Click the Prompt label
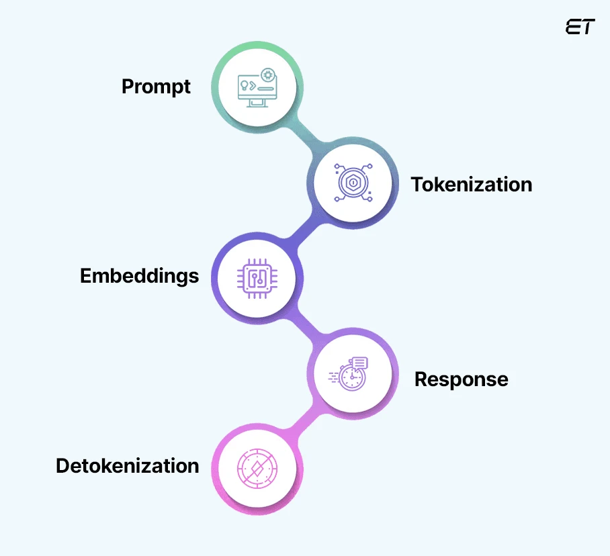(156, 87)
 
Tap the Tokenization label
(472, 185)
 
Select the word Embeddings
(139, 276)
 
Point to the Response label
(461, 379)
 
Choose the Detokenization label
(127, 466)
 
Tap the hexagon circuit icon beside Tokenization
(352, 182)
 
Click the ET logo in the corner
(580, 27)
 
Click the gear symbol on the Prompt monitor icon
(267, 75)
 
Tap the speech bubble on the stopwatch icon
(359, 363)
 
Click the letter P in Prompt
(128, 87)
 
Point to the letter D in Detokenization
(62, 466)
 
